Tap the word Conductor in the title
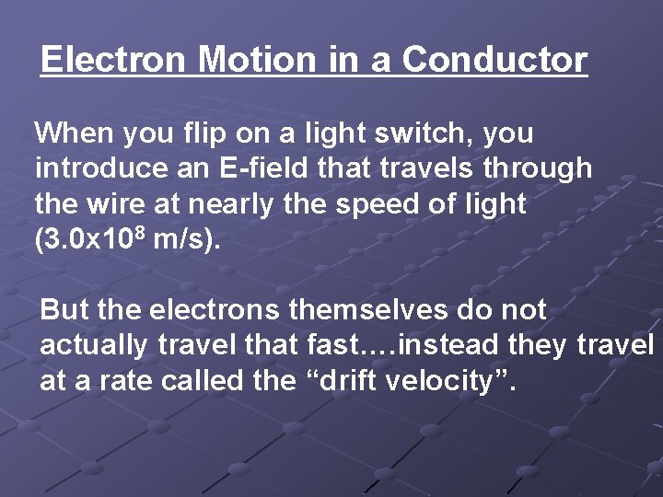(x=494, y=60)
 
